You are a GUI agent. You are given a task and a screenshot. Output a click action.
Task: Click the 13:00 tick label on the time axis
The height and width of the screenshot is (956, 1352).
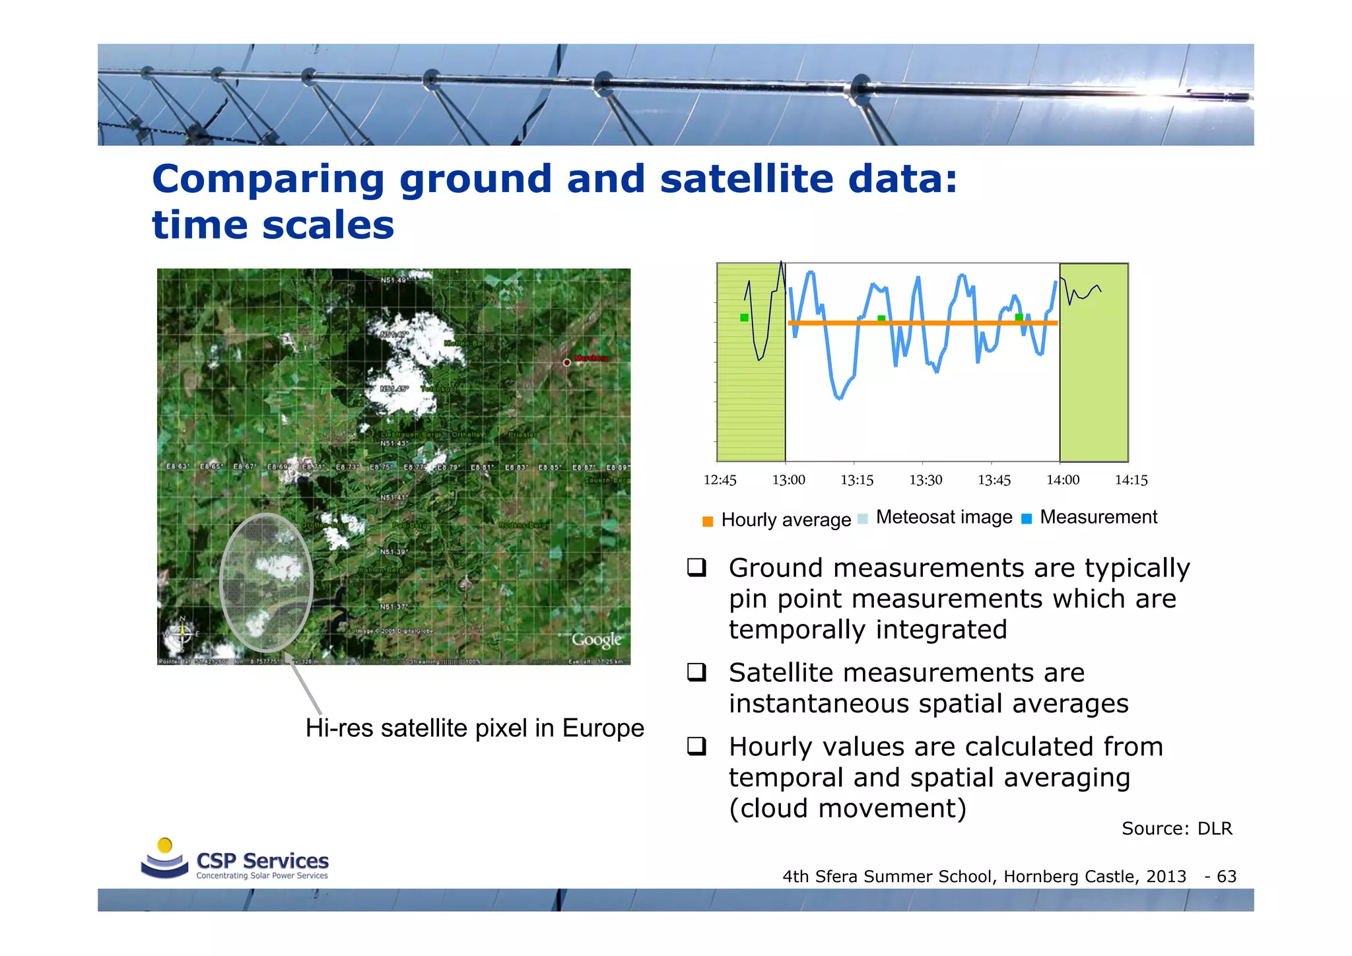click(x=788, y=480)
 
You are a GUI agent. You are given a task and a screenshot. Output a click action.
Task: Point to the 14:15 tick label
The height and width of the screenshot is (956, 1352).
click(x=1131, y=480)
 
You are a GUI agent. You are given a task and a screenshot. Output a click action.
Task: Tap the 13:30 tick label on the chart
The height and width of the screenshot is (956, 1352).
click(x=925, y=480)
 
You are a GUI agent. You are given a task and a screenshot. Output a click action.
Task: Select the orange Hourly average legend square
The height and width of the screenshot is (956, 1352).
click(x=708, y=522)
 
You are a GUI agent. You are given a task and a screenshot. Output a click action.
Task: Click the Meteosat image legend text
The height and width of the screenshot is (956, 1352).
click(x=943, y=517)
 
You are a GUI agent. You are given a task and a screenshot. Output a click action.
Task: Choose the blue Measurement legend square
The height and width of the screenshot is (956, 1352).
click(x=1026, y=519)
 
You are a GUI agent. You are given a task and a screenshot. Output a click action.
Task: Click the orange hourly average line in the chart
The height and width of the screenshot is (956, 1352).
click(x=924, y=323)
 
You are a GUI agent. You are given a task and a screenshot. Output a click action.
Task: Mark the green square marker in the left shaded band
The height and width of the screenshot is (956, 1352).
click(x=744, y=318)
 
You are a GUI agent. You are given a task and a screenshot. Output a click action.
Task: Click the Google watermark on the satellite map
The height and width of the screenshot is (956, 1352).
click(x=597, y=639)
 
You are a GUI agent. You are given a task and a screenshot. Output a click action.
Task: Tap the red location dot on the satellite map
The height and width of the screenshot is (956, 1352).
click(x=566, y=362)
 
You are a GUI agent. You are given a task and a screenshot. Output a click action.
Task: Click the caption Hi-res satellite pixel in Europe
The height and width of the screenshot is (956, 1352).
click(x=474, y=728)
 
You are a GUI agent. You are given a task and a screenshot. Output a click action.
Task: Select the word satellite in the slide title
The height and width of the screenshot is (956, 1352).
click(x=746, y=179)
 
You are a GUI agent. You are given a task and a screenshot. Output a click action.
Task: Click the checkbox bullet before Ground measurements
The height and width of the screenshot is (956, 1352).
click(x=696, y=568)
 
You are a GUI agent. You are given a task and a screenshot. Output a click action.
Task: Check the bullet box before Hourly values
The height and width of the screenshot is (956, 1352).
click(x=696, y=747)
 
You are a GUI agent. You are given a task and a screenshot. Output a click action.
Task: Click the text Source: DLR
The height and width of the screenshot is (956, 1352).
click(x=1176, y=829)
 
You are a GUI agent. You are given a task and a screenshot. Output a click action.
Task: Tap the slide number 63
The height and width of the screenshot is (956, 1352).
click(x=1226, y=876)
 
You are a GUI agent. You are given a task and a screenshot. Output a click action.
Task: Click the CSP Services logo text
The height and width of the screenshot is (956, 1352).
click(x=262, y=861)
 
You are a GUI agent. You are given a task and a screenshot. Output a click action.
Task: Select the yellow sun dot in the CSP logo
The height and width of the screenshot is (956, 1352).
click(x=165, y=845)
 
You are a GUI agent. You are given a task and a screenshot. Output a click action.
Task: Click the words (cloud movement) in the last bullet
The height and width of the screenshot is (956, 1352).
click(x=847, y=808)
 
